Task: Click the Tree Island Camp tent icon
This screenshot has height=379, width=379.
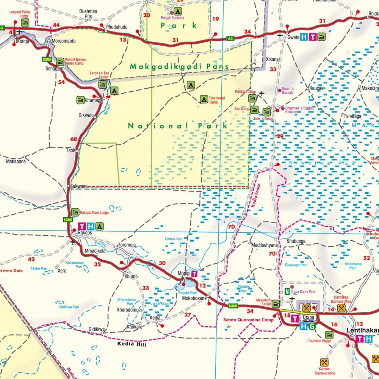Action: [204, 100]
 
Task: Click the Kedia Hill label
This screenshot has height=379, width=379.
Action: [132, 345]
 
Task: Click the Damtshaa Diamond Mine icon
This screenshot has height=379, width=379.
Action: [341, 309]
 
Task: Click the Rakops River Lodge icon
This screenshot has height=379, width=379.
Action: [75, 212]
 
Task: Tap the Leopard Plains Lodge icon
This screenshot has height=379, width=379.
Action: [25, 22]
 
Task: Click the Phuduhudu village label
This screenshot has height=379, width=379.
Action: [117, 27]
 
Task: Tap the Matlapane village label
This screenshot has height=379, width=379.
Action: [16, 161]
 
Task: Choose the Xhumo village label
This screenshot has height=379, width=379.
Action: [131, 277]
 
